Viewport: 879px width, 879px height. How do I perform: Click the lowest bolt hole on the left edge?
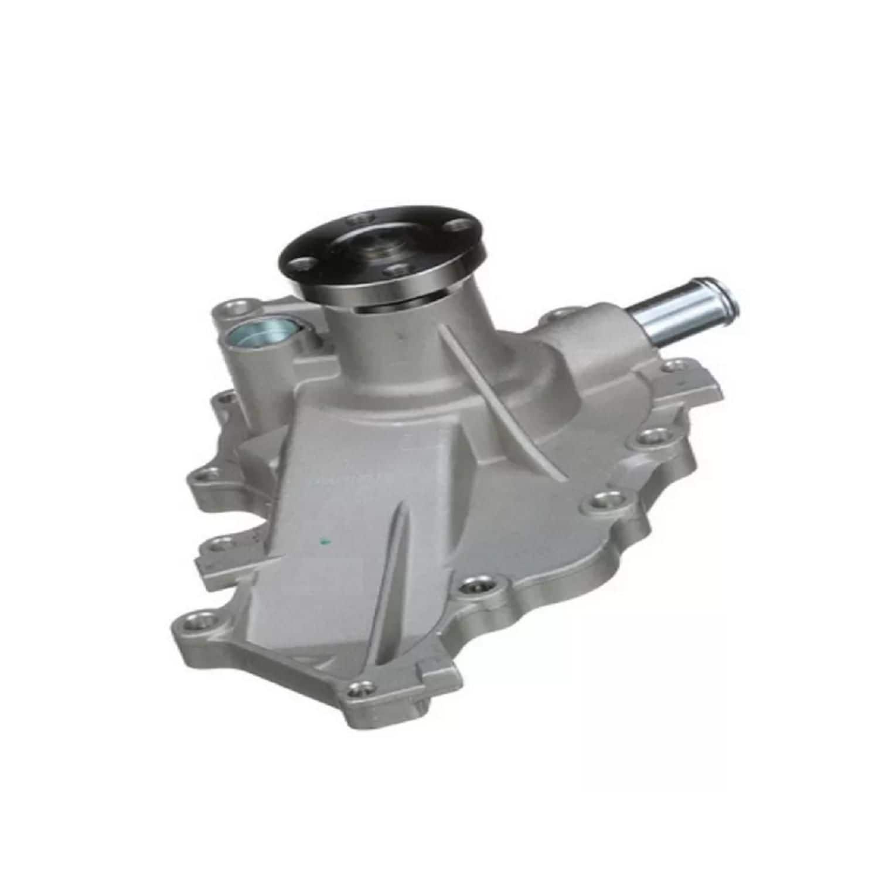[194, 618]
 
